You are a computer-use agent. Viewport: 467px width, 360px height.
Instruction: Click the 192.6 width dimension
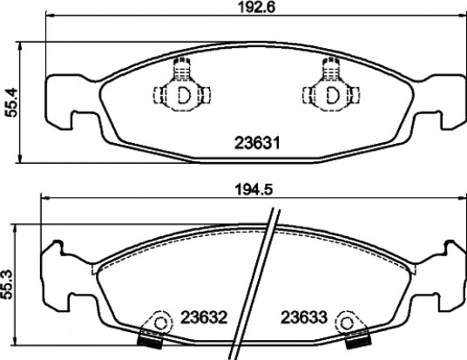point(257,7)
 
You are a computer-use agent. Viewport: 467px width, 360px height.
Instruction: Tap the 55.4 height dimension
point(12,102)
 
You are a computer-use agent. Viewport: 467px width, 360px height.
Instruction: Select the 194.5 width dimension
point(254,189)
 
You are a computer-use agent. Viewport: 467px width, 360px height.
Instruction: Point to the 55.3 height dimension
point(7,285)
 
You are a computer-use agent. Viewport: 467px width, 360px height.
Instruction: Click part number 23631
point(257,143)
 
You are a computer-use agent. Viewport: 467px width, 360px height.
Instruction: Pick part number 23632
point(204,317)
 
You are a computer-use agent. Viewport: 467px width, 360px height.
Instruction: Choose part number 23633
point(304,317)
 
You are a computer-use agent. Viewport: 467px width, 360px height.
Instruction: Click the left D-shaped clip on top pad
point(184,95)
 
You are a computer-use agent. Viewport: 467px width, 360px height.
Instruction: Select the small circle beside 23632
point(160,323)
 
